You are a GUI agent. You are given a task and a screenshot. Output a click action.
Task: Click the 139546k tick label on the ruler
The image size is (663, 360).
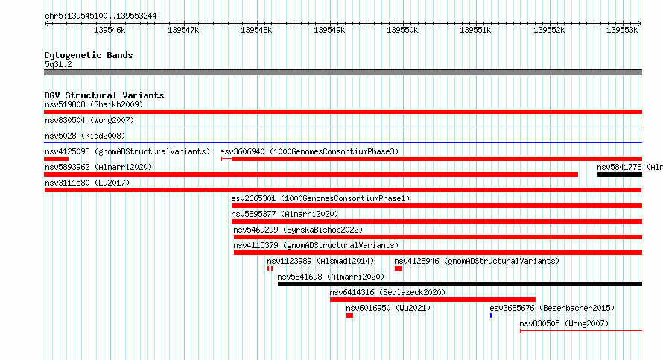pos(110,31)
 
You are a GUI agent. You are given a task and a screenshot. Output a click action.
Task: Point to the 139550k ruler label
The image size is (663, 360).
pos(402,31)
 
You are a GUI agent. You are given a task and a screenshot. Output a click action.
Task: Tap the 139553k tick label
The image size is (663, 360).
pos(622,31)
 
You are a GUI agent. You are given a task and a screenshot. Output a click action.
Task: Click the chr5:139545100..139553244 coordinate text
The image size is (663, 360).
pos(101,16)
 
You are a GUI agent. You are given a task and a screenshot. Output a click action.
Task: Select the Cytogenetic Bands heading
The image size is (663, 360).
pos(89,55)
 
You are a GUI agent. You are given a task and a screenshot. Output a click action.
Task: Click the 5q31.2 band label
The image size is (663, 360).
pos(58,64)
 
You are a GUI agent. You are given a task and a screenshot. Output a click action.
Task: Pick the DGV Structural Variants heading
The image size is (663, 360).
pos(104,95)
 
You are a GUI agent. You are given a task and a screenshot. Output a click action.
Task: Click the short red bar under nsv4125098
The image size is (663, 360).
pos(56,159)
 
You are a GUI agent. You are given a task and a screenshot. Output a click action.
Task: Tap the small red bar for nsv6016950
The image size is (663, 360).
pos(349,315)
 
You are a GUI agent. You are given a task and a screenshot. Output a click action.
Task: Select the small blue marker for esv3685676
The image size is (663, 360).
pos(491,315)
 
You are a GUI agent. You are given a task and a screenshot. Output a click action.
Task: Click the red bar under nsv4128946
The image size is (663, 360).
pos(399,268)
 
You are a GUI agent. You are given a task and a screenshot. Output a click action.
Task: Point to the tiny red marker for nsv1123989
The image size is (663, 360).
pos(270,268)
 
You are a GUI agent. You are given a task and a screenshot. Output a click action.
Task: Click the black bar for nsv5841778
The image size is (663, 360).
pos(620,174)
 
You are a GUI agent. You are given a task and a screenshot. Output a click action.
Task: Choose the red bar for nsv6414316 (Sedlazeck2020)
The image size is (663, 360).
pos(433,300)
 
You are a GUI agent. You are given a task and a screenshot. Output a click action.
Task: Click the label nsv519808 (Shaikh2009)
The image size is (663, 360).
pos(94,104)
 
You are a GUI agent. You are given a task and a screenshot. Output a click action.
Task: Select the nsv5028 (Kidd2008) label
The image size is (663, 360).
pos(85,136)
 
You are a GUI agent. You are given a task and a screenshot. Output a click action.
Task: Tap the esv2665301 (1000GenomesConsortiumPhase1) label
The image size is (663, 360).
pos(320,198)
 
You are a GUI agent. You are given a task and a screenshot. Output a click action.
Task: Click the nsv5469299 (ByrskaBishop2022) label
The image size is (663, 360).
pos(298,230)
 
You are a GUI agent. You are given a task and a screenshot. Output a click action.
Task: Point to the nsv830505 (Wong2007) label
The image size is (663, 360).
pos(564,323)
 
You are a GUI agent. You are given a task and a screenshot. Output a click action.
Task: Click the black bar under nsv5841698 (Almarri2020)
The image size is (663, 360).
pos(460,284)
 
